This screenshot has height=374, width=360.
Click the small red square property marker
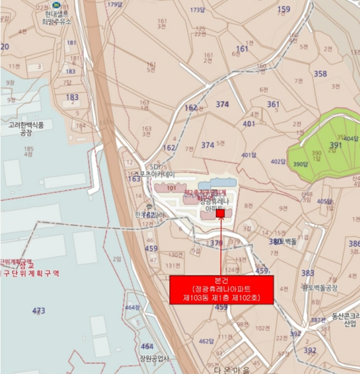point(221,213)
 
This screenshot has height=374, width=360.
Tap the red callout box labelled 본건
point(221,290)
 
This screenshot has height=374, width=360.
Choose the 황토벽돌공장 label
point(319,288)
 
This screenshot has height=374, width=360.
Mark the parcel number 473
point(38,310)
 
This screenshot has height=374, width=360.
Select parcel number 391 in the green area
point(335,145)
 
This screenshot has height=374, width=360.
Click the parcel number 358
point(320,74)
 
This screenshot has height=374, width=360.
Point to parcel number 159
point(284,9)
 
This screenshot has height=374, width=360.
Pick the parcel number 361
point(273,105)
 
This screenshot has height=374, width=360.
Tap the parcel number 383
point(308,273)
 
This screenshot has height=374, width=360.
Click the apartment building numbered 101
point(171,188)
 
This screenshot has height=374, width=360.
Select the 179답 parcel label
point(114,4)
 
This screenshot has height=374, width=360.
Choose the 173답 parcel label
point(197,10)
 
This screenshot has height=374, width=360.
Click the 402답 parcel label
point(278,161)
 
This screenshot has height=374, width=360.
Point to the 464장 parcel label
point(131,307)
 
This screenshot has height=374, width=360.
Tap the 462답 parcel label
point(206,340)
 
